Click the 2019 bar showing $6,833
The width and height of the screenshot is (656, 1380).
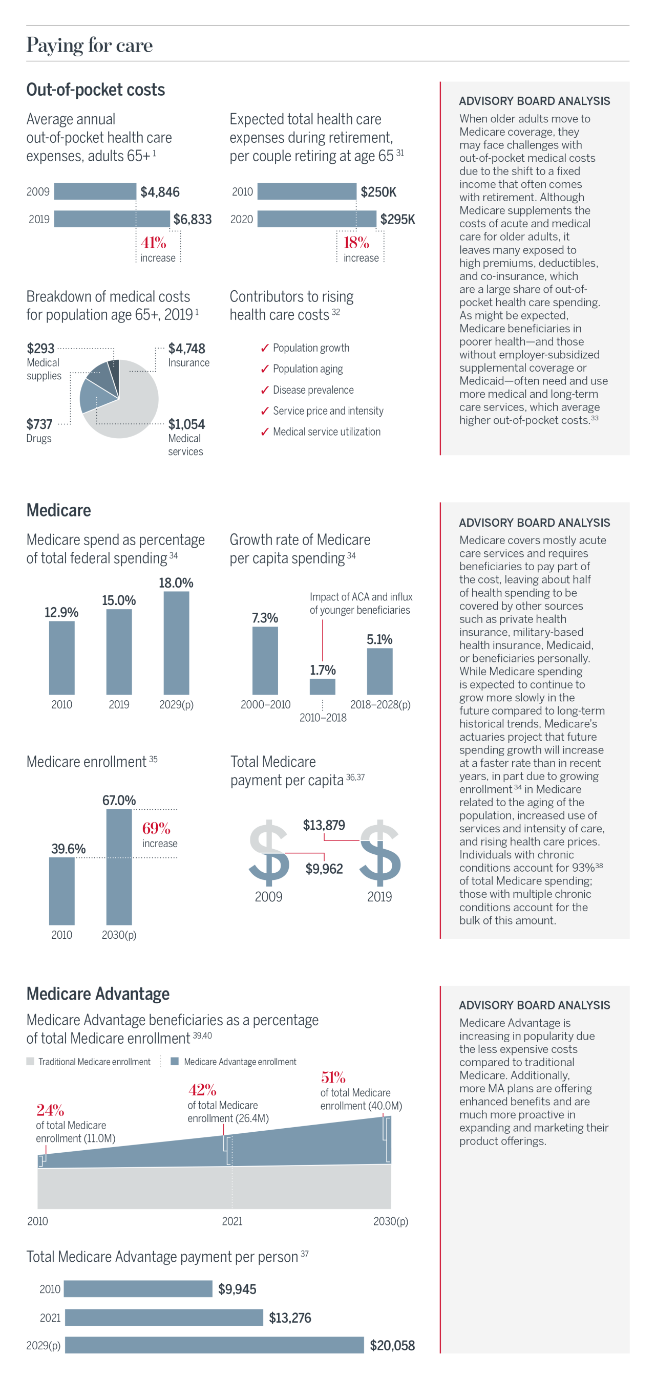coord(112,219)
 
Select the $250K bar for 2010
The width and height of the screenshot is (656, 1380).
coord(307,192)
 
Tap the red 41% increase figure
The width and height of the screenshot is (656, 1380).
coord(153,243)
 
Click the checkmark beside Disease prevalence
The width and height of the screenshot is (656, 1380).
coord(265,391)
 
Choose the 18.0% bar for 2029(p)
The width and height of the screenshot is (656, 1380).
coord(176,643)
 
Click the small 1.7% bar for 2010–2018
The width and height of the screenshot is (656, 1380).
coord(322,686)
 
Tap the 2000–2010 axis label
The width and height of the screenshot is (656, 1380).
coord(265,704)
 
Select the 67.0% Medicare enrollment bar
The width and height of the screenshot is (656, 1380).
coord(119,866)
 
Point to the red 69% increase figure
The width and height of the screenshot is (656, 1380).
coord(156,829)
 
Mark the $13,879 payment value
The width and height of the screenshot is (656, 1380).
coord(324,825)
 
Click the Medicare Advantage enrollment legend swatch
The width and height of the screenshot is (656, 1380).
coord(175,1061)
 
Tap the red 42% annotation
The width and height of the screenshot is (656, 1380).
coord(202,1090)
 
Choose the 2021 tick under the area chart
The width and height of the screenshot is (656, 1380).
coord(232,1221)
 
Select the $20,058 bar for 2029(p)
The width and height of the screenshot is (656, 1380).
coord(215,1345)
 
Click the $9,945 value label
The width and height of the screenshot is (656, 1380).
coord(237,1289)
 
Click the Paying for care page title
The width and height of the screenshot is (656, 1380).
coord(90,46)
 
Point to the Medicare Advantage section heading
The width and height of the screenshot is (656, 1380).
coord(98,994)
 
